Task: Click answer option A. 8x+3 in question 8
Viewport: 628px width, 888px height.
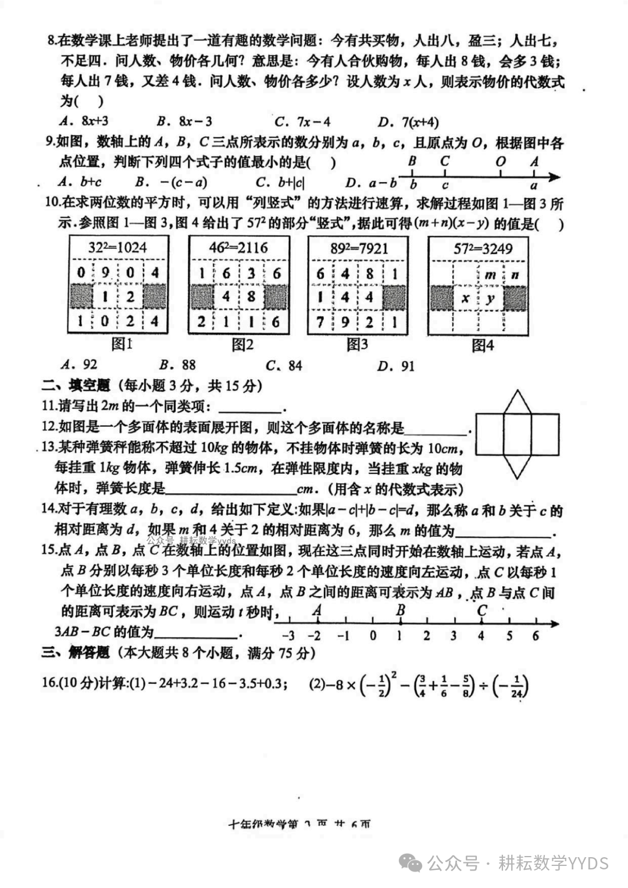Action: point(84,122)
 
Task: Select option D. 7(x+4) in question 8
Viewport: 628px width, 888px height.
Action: point(408,122)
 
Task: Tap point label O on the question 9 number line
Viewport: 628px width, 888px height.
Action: point(501,162)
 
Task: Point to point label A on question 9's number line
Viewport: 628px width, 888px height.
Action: point(534,162)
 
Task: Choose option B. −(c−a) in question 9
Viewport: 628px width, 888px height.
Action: point(172,183)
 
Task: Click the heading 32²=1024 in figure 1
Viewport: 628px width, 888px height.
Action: point(118,248)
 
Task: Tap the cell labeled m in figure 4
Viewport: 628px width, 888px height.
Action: point(490,274)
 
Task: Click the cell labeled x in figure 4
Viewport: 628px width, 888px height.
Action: point(465,298)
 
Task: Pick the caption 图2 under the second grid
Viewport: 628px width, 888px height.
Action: point(242,345)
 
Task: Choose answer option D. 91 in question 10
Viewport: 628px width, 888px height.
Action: point(396,366)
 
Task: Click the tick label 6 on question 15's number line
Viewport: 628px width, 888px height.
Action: point(536,636)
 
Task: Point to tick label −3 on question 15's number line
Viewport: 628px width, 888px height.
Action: point(288,636)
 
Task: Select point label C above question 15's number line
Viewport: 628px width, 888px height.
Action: point(481,611)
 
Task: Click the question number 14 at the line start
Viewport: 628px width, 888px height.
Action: point(48,509)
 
